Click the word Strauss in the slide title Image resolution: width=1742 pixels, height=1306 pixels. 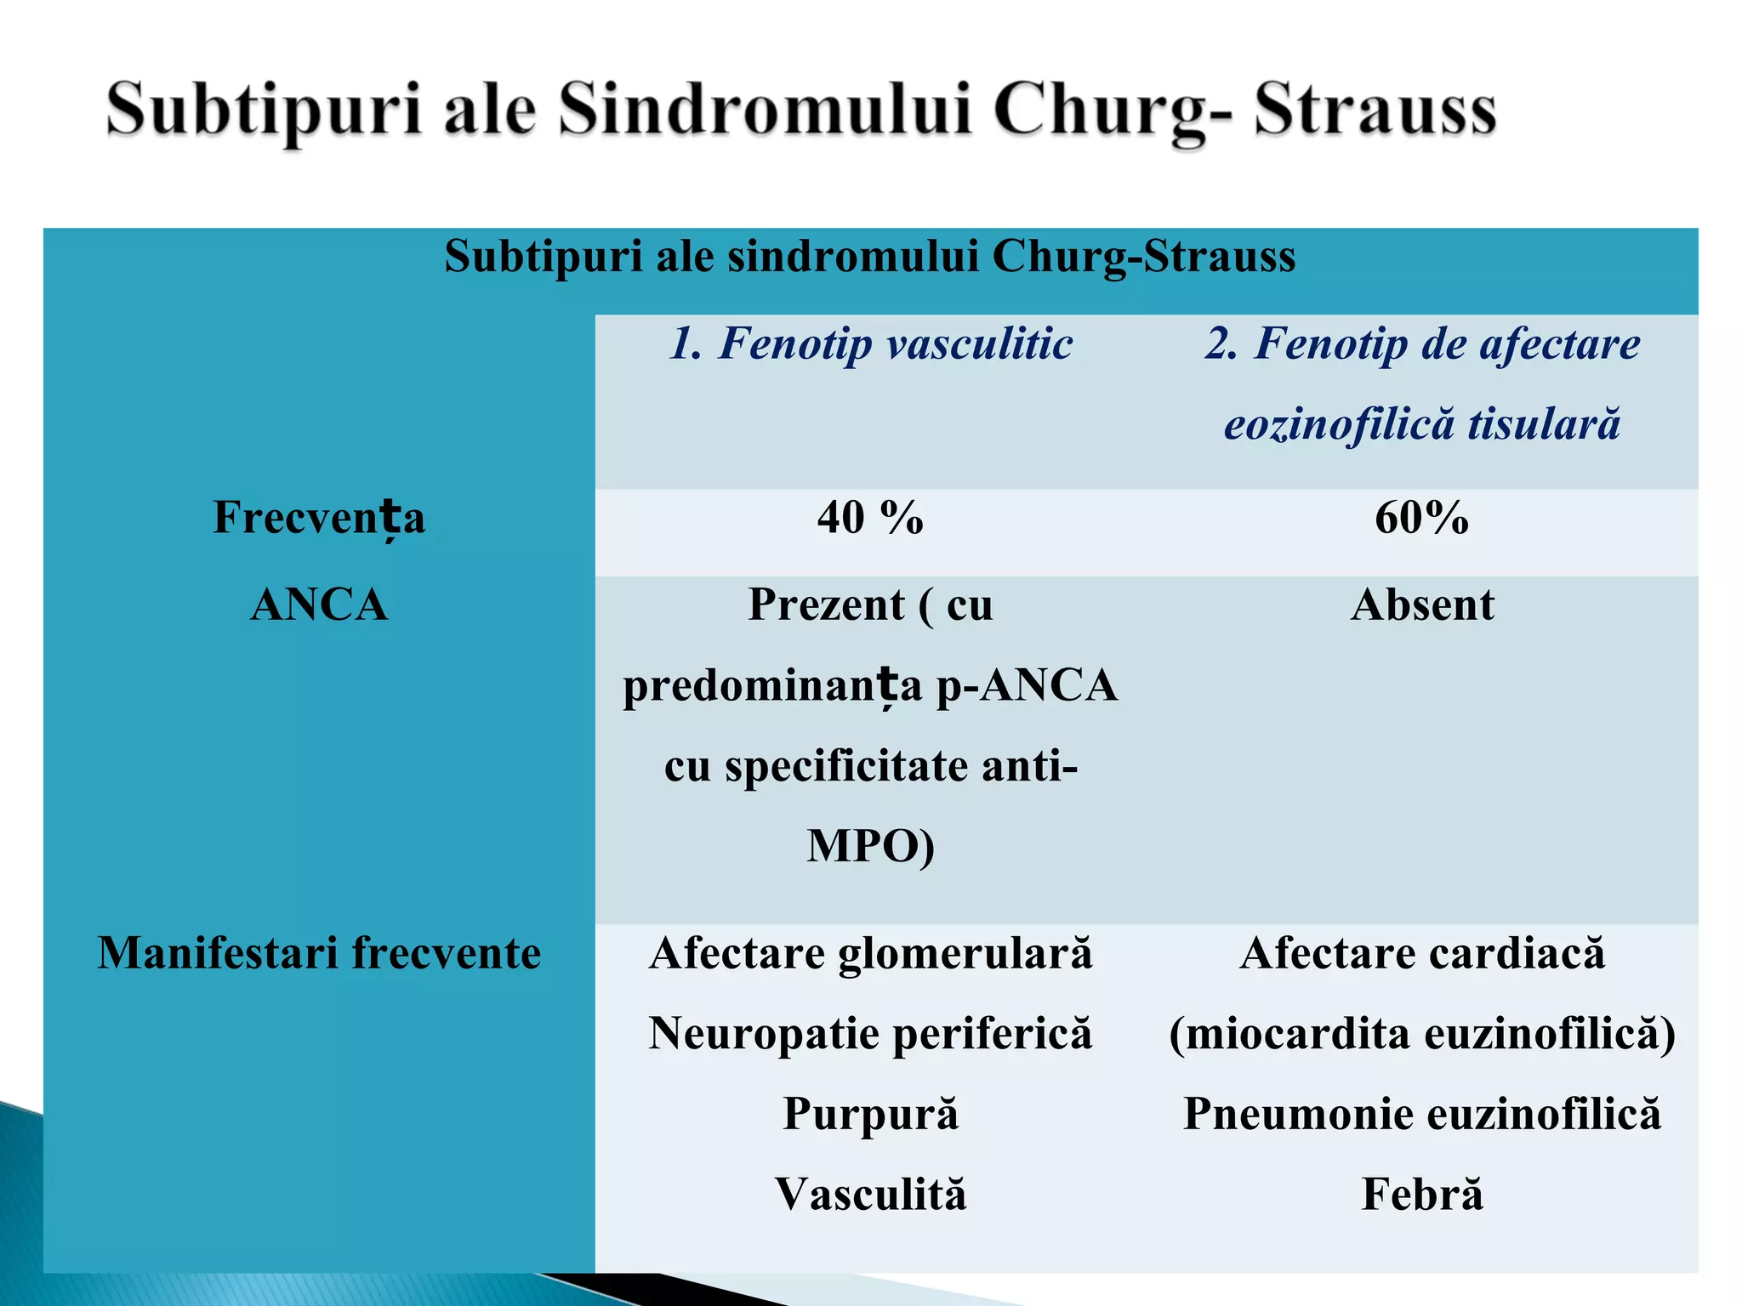click(1375, 111)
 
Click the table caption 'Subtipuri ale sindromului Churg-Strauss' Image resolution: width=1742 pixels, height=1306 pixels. click(869, 255)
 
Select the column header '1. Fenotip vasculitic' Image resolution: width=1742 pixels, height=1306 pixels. click(870, 344)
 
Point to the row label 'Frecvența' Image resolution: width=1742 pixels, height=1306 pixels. click(319, 517)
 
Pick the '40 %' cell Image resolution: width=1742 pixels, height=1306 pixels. click(870, 517)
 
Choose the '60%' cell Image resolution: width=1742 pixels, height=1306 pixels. click(1421, 517)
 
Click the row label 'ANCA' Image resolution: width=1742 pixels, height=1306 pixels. click(319, 605)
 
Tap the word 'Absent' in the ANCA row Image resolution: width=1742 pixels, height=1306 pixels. click(1422, 605)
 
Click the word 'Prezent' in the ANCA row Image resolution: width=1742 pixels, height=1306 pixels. click(826, 605)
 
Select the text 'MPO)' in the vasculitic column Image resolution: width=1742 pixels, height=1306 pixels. click(870, 846)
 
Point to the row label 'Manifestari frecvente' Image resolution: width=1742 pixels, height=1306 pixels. click(319, 952)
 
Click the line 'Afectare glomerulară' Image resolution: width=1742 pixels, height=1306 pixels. click(870, 952)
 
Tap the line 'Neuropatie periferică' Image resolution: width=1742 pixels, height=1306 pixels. click(870, 1033)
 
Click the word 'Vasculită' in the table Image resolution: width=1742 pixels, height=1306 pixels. click(870, 1194)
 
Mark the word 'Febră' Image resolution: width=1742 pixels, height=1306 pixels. click(1421, 1194)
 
